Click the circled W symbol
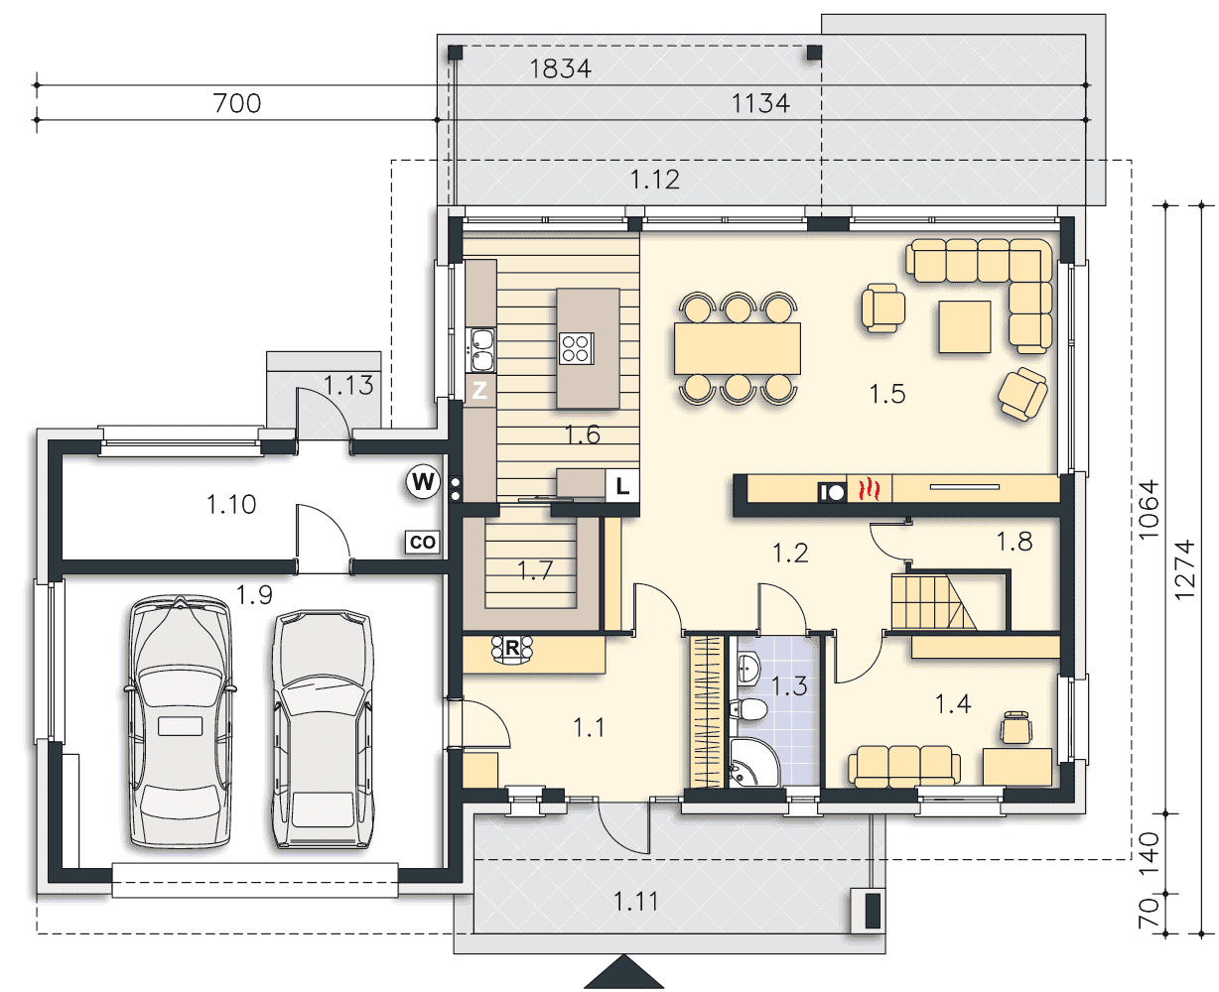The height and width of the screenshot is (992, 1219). click(423, 482)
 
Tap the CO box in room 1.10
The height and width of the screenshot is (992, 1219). click(422, 542)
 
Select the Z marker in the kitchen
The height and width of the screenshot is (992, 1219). click(479, 390)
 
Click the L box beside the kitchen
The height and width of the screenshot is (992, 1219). click(622, 485)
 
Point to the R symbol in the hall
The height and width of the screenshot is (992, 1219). click(512, 649)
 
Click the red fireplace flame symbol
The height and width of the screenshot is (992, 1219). click(869, 489)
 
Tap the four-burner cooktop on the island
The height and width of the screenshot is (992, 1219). click(577, 348)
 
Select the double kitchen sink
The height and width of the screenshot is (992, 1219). click(482, 350)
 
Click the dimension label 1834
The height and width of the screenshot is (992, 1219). click(560, 68)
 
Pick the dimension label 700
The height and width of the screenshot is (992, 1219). click(237, 103)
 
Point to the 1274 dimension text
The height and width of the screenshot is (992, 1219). click(1184, 570)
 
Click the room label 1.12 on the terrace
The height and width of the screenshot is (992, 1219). click(655, 180)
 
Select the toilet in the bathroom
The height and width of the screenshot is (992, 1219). click(748, 709)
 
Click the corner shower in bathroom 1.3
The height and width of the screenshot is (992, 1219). click(754, 762)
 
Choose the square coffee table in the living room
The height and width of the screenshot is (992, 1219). click(964, 326)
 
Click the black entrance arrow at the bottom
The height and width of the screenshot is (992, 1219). click(623, 971)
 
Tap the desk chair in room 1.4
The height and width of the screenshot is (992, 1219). click(1016, 727)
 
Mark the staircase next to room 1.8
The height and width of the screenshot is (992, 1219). click(933, 602)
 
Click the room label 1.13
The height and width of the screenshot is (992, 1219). click(348, 385)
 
